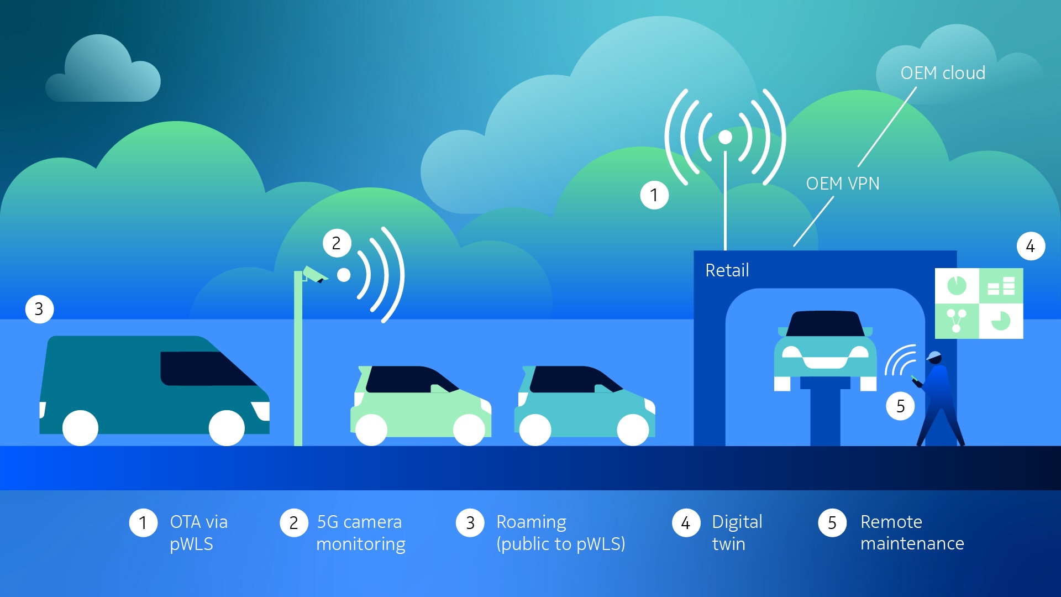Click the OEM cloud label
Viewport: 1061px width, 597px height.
(x=943, y=73)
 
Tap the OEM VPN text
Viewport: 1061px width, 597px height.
(x=843, y=184)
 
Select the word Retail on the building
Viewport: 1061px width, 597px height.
(x=727, y=270)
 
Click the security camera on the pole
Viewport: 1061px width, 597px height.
(x=314, y=274)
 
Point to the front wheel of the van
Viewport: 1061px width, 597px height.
(x=227, y=428)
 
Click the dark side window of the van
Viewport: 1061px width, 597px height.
(x=207, y=368)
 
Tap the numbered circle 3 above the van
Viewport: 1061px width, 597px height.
(x=39, y=309)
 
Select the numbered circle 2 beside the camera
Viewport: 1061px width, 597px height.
(x=337, y=243)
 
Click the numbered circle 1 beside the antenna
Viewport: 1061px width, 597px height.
(x=654, y=195)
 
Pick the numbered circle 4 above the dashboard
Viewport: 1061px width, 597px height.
(x=1031, y=246)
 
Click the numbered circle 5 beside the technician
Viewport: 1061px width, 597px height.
(x=900, y=406)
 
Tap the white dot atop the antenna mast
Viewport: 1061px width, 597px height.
(x=725, y=137)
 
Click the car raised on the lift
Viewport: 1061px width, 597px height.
(x=826, y=350)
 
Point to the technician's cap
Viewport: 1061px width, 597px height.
(x=934, y=355)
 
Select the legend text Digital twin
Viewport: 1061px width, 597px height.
(x=737, y=533)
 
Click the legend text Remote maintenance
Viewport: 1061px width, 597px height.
(x=912, y=533)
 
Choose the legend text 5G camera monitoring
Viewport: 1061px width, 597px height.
(x=361, y=533)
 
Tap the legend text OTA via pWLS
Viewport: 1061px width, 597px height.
(x=199, y=533)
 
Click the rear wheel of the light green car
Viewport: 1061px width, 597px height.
(x=371, y=430)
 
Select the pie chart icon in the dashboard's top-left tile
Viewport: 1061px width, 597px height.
(x=957, y=286)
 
